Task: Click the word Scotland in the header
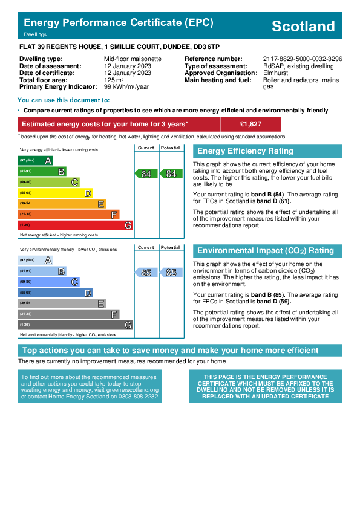303,26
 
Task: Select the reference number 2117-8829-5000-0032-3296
303,59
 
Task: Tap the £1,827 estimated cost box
250,124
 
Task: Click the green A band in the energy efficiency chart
36,160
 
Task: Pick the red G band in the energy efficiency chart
76,225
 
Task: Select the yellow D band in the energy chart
56,193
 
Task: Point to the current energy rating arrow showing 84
146,173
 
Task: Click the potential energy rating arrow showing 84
171,173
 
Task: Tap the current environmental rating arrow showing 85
146,273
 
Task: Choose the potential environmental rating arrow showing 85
171,273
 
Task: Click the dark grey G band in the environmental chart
76,325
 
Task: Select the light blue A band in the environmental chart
36,260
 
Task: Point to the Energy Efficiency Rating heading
245,151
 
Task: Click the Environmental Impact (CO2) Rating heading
266,251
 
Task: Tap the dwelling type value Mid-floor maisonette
133,59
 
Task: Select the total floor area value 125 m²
114,80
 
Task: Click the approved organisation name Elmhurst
275,73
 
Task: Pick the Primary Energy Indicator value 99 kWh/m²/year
126,86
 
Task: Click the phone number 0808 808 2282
139,397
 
